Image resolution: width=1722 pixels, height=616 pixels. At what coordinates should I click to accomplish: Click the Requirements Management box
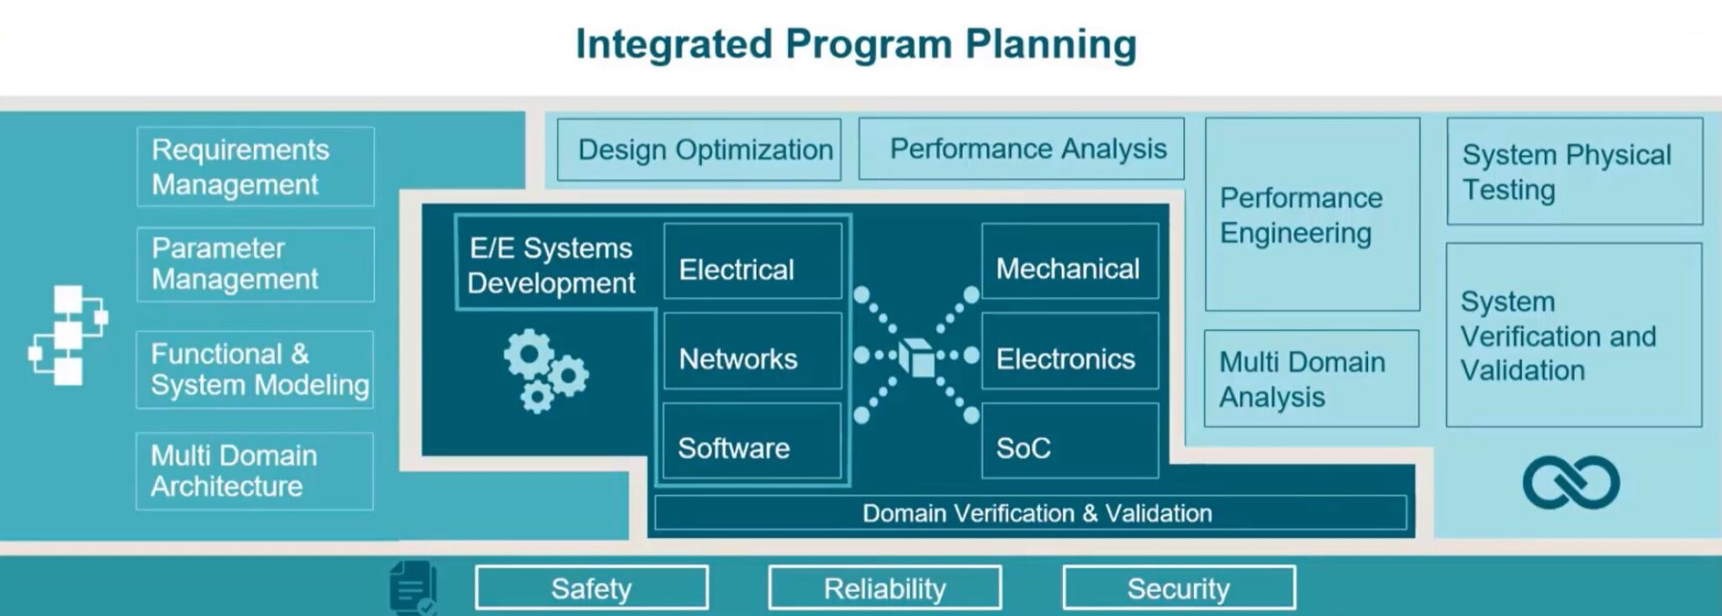[256, 167]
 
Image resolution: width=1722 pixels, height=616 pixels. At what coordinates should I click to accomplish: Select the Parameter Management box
[256, 264]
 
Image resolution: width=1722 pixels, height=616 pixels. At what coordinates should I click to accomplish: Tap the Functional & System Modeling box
[256, 369]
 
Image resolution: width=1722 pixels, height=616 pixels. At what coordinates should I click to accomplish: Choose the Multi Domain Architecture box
[256, 471]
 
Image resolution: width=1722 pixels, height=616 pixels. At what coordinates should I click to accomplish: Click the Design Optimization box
[699, 150]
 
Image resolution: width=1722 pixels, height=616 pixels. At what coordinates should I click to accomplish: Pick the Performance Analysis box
[1021, 149]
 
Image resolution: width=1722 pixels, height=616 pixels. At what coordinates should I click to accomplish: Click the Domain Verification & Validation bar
[1031, 512]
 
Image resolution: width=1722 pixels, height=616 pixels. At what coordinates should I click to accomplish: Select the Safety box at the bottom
[591, 587]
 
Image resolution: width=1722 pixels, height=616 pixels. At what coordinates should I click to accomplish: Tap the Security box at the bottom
[1178, 587]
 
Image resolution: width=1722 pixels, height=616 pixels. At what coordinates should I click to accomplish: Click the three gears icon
[545, 371]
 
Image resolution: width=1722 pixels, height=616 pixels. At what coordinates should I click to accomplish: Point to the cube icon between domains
[917, 357]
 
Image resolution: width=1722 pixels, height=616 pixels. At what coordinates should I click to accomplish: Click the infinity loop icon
[1570, 482]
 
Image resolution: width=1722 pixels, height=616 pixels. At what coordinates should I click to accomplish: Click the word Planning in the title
[1050, 44]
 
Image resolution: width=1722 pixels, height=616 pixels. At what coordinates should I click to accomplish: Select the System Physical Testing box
[1574, 172]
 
